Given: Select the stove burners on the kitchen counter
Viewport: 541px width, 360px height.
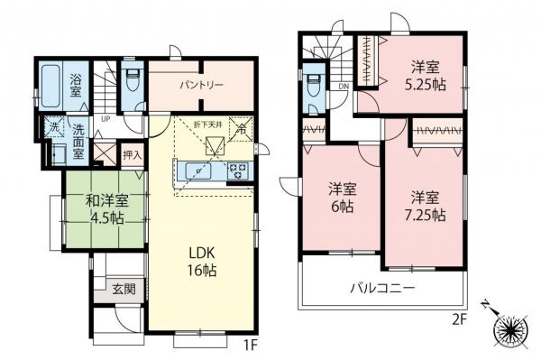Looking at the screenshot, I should tap(239, 168).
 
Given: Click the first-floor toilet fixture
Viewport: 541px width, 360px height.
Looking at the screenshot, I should tap(132, 80).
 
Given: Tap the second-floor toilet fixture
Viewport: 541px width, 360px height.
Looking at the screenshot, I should tap(313, 87).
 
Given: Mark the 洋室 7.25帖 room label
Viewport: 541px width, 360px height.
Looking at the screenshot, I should tap(425, 205).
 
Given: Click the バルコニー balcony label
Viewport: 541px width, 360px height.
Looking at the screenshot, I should tap(382, 289).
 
